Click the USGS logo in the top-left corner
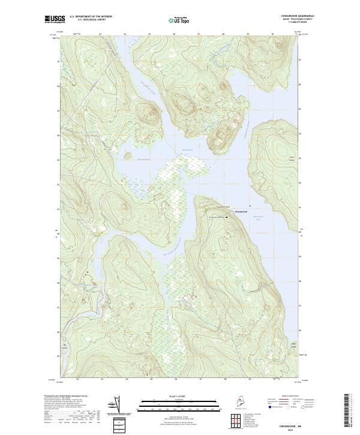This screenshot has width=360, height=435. tap(53, 20)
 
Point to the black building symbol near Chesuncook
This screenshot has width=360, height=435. tap(227, 217)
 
